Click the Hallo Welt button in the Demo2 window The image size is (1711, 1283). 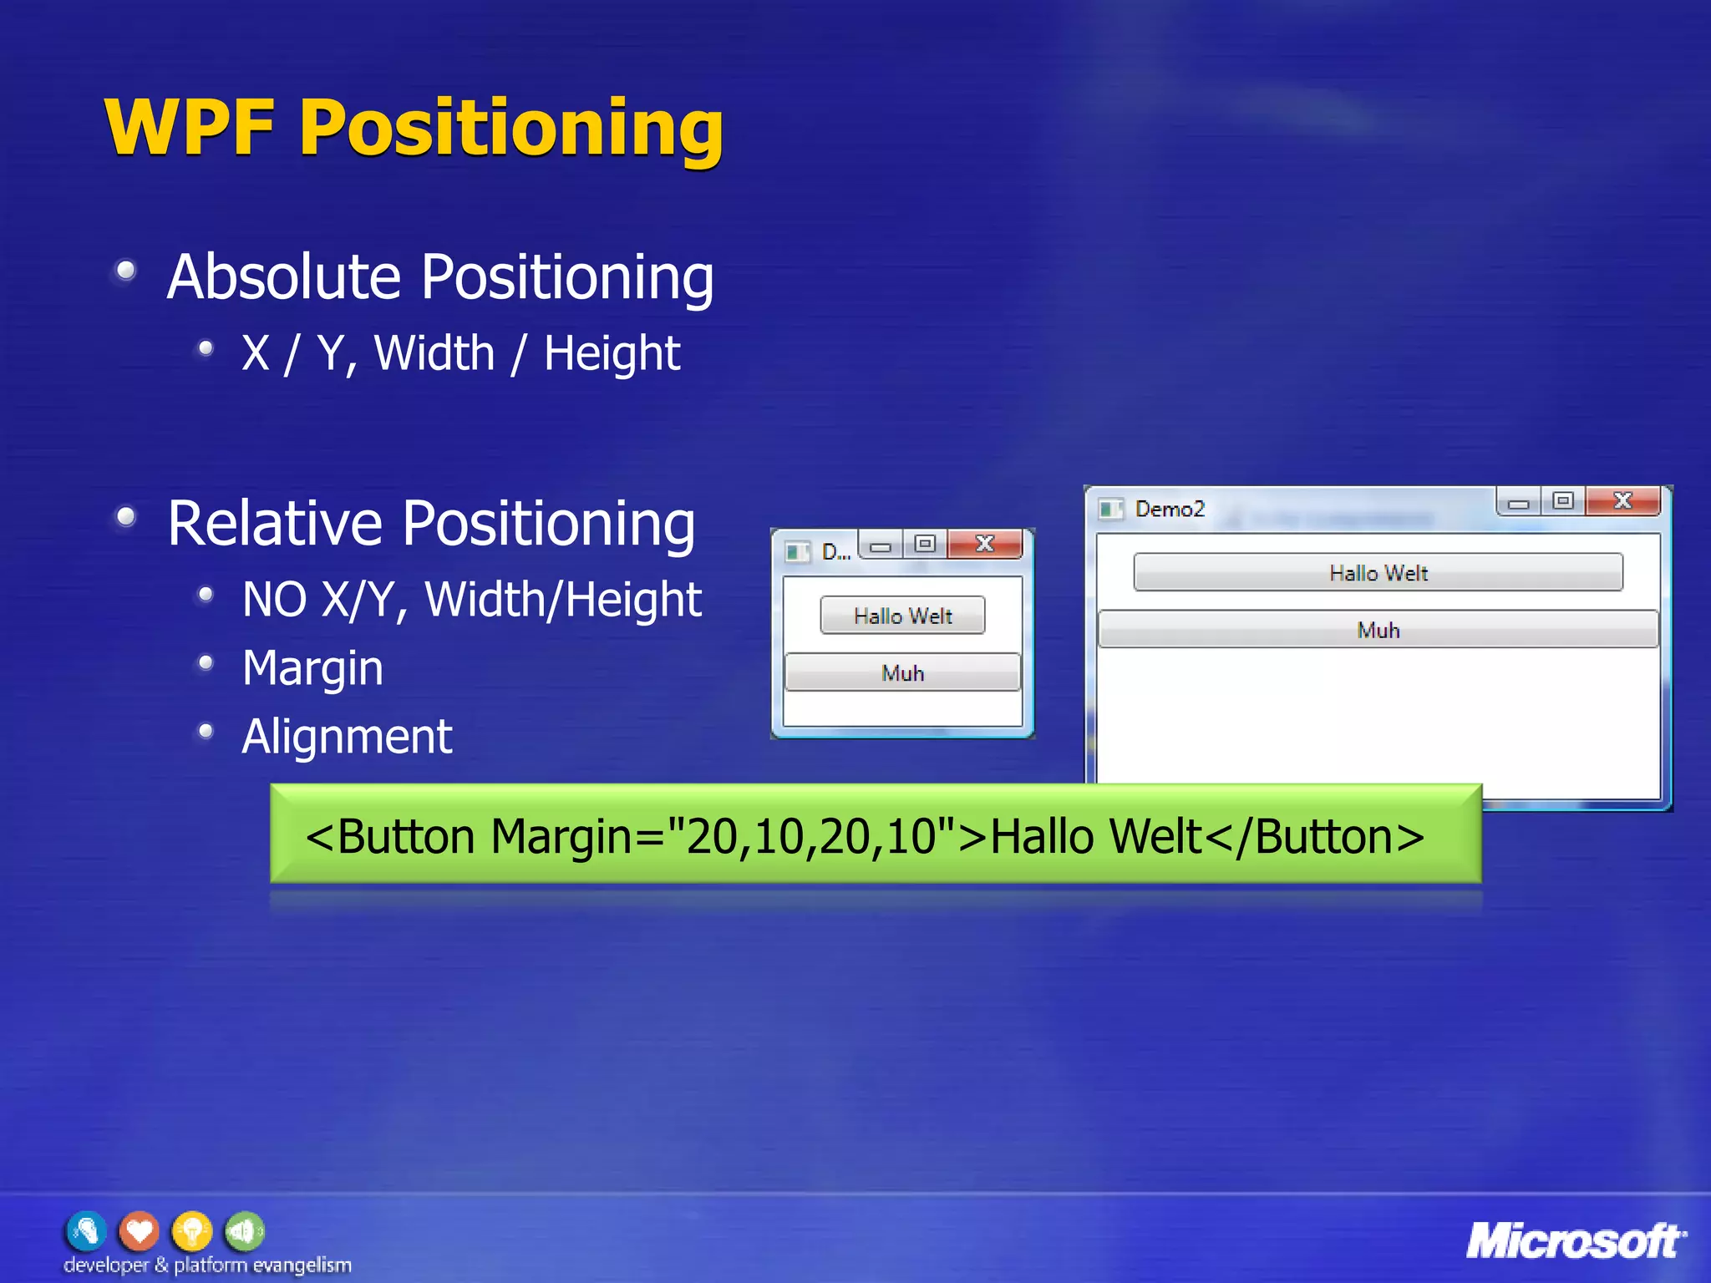(x=1378, y=573)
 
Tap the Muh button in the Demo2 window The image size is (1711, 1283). (x=1378, y=630)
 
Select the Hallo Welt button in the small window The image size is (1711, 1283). (x=902, y=616)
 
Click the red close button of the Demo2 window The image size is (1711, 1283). (x=1622, y=501)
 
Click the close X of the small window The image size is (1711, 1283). (x=985, y=545)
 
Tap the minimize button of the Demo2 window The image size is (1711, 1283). (x=1519, y=503)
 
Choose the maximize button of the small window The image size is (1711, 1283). (x=924, y=545)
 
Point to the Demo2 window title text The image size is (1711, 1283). (x=1170, y=509)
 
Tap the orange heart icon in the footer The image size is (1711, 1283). (x=139, y=1231)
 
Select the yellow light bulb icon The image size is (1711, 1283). (x=192, y=1231)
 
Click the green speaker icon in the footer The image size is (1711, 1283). (x=244, y=1231)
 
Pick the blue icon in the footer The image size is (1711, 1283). (x=86, y=1231)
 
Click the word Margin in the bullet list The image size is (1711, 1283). (x=312, y=668)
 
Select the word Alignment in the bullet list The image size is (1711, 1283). (x=347, y=737)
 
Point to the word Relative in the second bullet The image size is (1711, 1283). (x=275, y=524)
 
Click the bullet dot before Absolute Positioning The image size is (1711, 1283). (x=126, y=271)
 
